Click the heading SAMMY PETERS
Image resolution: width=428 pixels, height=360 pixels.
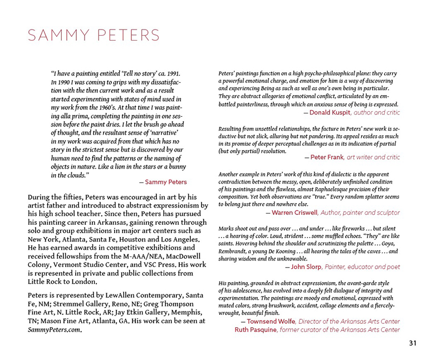tap(94, 35)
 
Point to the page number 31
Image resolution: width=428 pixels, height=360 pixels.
tap(412, 343)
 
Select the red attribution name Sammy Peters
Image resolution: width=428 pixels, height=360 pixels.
tap(166, 182)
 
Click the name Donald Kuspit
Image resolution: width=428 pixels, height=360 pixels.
tap(330, 112)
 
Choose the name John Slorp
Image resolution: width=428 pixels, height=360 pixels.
tap(307, 267)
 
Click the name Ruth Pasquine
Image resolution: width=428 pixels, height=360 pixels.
tap(256, 329)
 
